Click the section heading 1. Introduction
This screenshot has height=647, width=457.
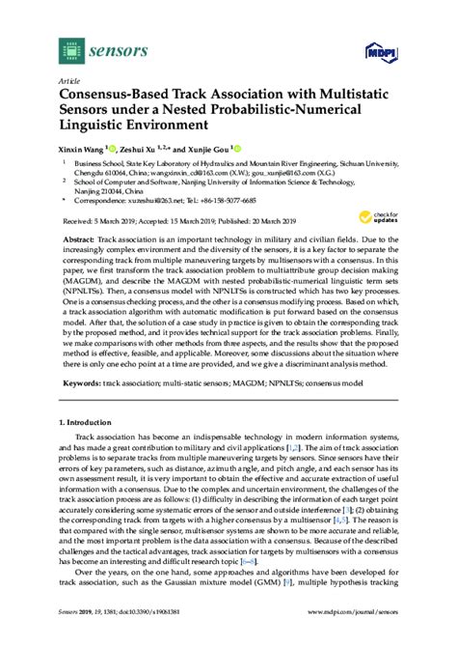pos(92,423)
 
